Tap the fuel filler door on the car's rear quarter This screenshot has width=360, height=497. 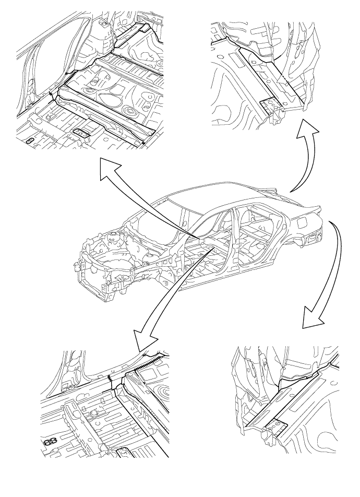pos(302,224)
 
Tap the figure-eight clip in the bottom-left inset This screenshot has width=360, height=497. pos(51,442)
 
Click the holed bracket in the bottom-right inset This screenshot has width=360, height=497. pos(277,428)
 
